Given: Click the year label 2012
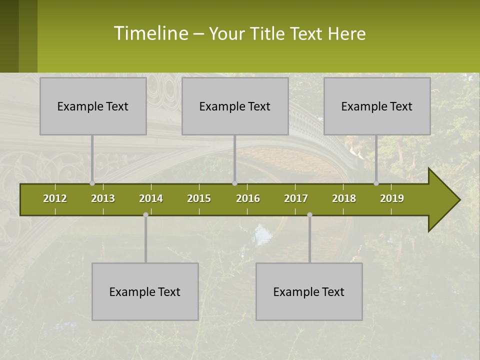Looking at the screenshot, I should point(55,198).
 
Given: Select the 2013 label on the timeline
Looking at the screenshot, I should point(103,198).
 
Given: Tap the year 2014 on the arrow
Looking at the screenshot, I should point(151,198).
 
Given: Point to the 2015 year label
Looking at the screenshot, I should point(199,198).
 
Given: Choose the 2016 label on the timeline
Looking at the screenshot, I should point(248,198).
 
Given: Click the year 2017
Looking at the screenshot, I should point(296,198).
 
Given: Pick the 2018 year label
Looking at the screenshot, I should point(344,198).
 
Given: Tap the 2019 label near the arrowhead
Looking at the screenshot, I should point(392,198).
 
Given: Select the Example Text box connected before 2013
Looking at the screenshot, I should point(93,106).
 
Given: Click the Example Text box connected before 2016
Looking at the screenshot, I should point(235,106).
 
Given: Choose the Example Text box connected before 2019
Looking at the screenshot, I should point(377,106).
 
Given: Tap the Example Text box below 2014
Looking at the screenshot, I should point(145,291).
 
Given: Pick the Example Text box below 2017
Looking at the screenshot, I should point(309,291).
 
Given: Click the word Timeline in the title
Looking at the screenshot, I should point(150,33).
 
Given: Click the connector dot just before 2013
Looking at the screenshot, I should point(92,183).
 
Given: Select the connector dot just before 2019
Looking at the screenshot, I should point(376,183).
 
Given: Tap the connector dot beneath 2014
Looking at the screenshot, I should point(145,214).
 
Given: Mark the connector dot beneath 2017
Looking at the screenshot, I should point(309,214).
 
